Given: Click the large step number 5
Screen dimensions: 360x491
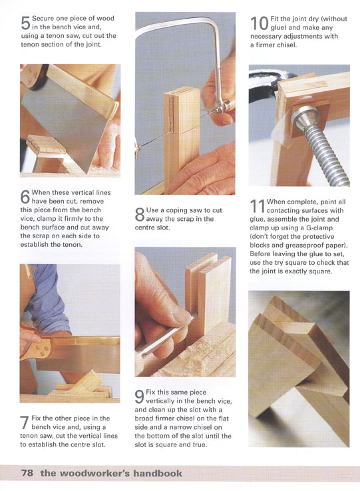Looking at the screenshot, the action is click(x=25, y=23).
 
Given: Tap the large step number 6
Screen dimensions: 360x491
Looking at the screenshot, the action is click(x=25, y=197).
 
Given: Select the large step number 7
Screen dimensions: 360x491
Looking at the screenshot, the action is click(x=25, y=422).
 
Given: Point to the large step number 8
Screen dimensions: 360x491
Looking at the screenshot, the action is click(x=140, y=214).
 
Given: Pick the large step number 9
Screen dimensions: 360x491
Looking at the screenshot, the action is click(x=140, y=397).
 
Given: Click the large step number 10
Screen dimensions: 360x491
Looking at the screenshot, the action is click(x=260, y=23).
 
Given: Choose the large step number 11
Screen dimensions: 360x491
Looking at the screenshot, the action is click(x=258, y=206).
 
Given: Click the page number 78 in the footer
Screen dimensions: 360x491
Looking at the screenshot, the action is click(x=27, y=472).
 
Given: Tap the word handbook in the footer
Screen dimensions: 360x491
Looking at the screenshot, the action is click(x=158, y=472).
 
